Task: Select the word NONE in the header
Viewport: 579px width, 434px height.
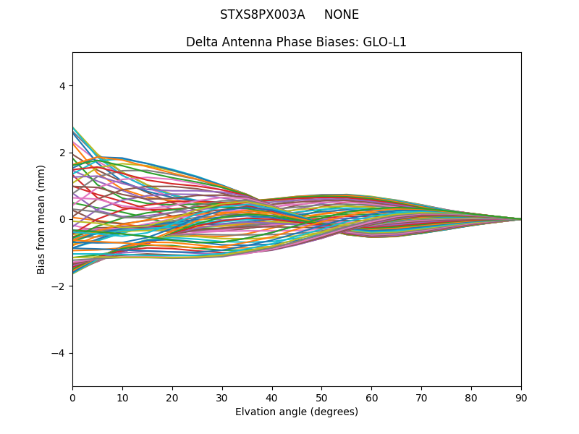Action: (x=342, y=14)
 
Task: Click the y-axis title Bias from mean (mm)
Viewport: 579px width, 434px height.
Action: (x=42, y=219)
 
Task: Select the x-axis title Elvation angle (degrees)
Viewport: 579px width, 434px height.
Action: (x=297, y=412)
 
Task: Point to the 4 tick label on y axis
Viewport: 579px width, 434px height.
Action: (x=62, y=85)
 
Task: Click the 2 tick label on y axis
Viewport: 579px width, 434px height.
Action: (x=62, y=153)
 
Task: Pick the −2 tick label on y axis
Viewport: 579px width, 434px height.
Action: (x=59, y=286)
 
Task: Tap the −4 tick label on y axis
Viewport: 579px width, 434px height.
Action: (x=59, y=353)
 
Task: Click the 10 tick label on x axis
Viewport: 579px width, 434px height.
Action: (x=122, y=397)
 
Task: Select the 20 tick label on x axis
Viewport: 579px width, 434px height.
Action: (x=172, y=397)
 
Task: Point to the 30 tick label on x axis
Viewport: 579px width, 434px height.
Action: (x=222, y=397)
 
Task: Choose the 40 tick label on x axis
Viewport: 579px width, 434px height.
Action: (x=272, y=397)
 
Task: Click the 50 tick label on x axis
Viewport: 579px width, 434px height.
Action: (x=321, y=397)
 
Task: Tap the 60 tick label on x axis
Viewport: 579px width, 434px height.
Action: (x=371, y=397)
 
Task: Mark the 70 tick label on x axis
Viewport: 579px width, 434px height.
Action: (x=421, y=397)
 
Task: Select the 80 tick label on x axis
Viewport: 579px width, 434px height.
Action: (x=471, y=397)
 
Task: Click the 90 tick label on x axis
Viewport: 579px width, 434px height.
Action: (x=521, y=397)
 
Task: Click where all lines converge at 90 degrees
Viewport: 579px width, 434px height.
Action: (x=520, y=219)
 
